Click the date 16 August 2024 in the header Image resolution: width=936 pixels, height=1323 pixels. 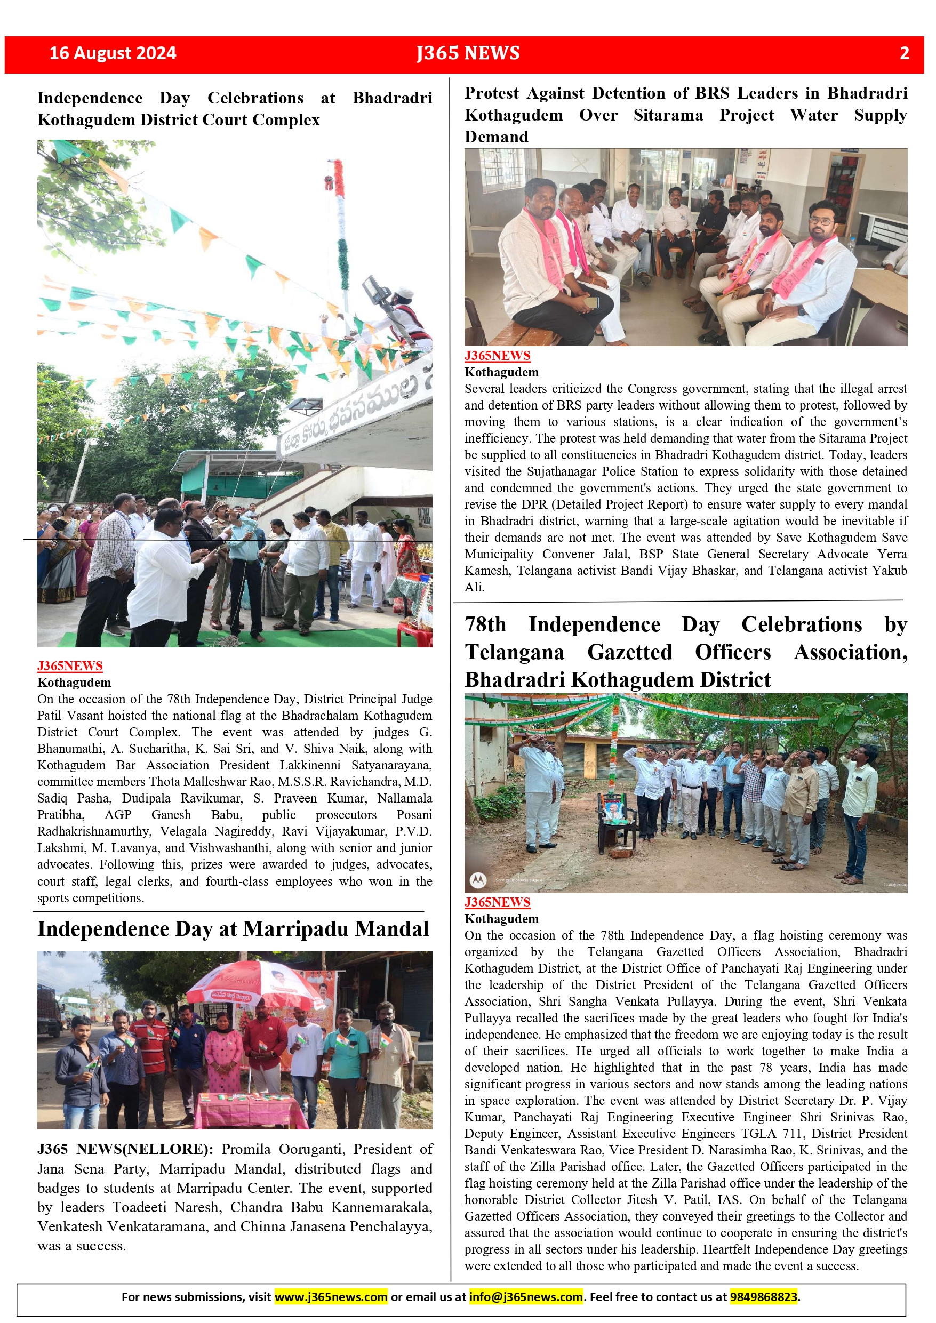pyautogui.click(x=113, y=53)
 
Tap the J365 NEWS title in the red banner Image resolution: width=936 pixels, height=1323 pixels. pyautogui.click(x=468, y=53)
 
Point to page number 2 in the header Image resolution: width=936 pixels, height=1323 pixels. pyautogui.click(x=905, y=53)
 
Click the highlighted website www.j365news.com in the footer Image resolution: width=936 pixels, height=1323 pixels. pyautogui.click(x=331, y=1296)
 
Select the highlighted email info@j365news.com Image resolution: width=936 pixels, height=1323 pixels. pyautogui.click(x=526, y=1296)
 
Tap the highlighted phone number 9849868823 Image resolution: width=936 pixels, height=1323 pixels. pyautogui.click(x=764, y=1296)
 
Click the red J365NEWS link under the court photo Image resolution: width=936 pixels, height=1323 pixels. pyautogui.click(x=70, y=665)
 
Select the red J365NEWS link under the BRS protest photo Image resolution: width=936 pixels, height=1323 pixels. pyautogui.click(x=497, y=356)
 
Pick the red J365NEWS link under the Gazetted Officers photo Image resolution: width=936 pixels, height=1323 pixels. pyautogui.click(x=497, y=902)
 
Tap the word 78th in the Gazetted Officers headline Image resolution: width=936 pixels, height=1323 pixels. pyautogui.click(x=485, y=624)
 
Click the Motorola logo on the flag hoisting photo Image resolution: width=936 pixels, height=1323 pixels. pyautogui.click(x=477, y=880)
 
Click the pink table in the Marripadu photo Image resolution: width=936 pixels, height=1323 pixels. pyautogui.click(x=251, y=1109)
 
